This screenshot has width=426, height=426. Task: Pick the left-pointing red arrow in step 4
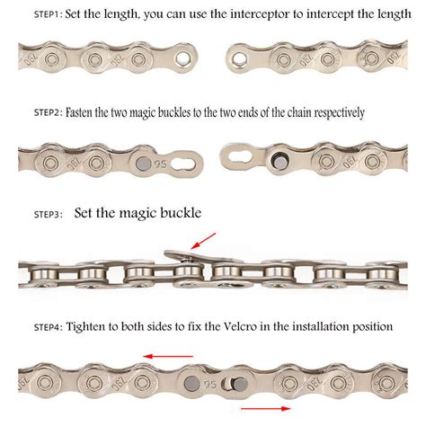tap(171, 356)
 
